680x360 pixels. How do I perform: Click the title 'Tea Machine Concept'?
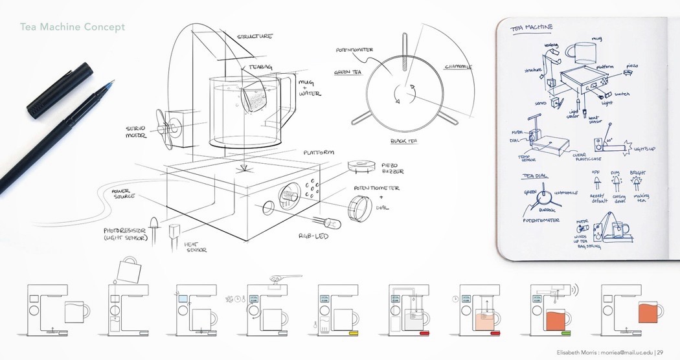(x=73, y=27)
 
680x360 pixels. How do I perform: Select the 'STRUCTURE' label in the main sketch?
(x=256, y=37)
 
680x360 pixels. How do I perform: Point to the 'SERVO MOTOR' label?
(x=137, y=133)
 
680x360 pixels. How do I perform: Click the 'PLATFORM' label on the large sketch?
(x=319, y=153)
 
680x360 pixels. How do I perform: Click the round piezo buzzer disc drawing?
(x=361, y=165)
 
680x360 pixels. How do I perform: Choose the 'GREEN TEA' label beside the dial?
(x=347, y=73)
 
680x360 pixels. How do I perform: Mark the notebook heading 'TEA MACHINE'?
(x=532, y=28)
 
